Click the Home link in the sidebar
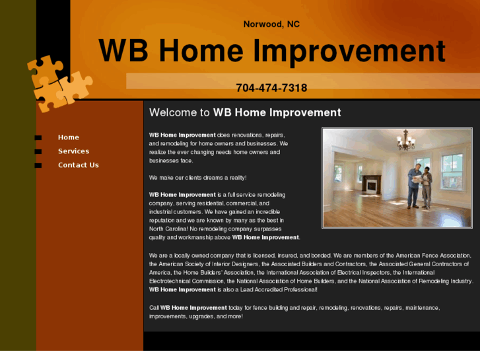[x=68, y=137]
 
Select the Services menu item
[x=73, y=151]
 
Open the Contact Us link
[x=78, y=165]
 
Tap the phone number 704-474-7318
[x=271, y=88]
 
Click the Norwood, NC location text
[x=271, y=24]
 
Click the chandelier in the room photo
[x=405, y=140]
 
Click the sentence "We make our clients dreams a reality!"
[x=197, y=178]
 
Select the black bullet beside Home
[x=38, y=137]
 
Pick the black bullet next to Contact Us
[x=38, y=165]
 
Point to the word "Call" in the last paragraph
[x=154, y=308]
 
